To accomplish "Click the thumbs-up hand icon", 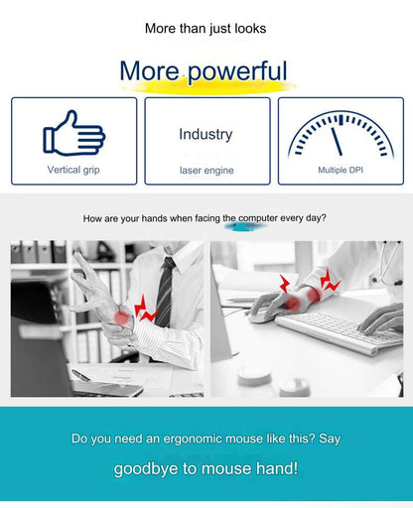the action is [x=74, y=134].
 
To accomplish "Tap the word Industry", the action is [x=206, y=135].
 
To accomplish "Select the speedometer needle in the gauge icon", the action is [x=337, y=142].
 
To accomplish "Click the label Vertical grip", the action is [x=73, y=170].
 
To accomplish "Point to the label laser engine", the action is [x=206, y=171].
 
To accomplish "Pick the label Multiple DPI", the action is [x=341, y=170].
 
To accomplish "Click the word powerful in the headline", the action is [x=237, y=70].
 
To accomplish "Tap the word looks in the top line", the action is [x=250, y=29].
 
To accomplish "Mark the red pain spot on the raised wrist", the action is [x=121, y=317].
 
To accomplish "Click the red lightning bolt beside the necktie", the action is [x=145, y=309].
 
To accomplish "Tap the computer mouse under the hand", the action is [x=261, y=317].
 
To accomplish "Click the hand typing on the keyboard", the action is [x=380, y=319].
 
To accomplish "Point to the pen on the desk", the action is [x=81, y=376].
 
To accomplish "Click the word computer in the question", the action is [x=258, y=218].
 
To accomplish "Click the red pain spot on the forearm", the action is [x=314, y=295].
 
